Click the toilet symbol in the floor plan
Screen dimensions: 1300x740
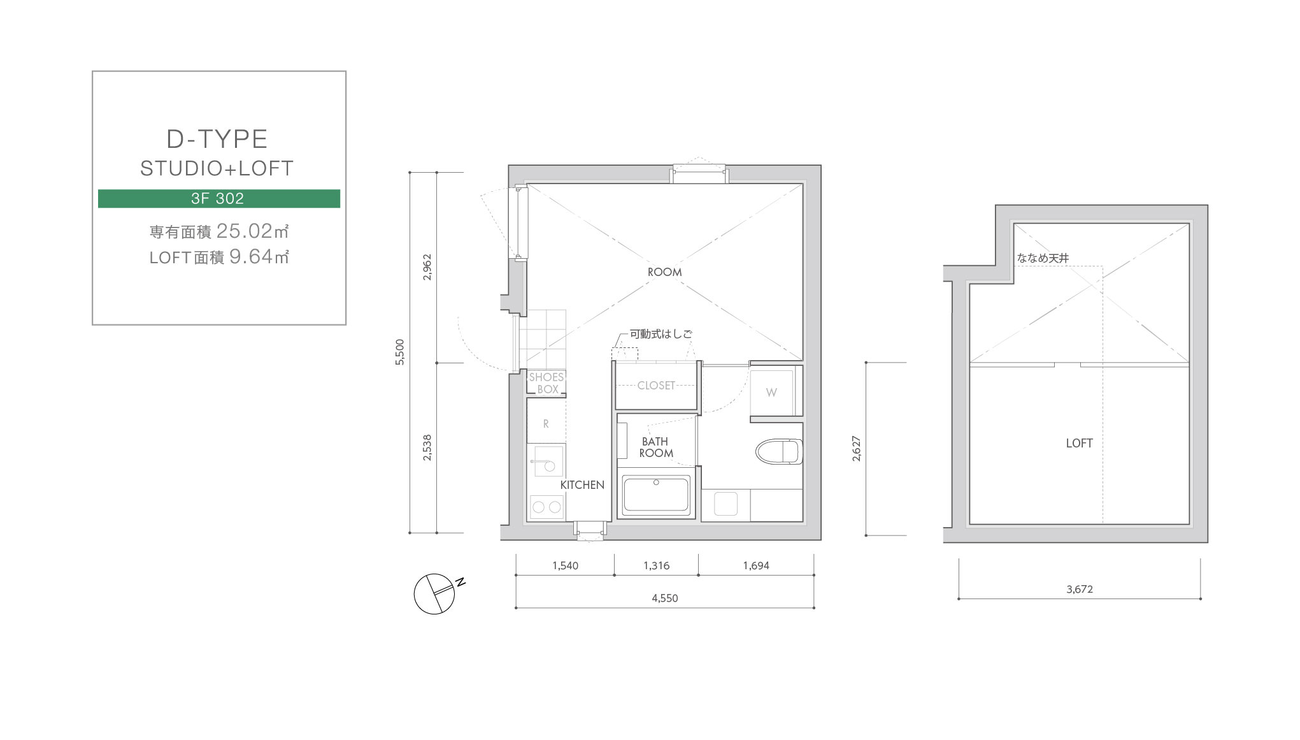(x=778, y=451)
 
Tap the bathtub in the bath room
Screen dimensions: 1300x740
(x=656, y=495)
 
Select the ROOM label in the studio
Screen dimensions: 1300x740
(x=664, y=272)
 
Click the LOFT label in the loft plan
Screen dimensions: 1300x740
(x=1079, y=443)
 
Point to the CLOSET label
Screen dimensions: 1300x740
(x=656, y=386)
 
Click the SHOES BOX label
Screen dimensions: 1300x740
(x=546, y=383)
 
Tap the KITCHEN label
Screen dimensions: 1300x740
(x=582, y=485)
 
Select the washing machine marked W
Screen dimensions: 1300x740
(x=771, y=392)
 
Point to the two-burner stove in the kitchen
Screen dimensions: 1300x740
(x=546, y=507)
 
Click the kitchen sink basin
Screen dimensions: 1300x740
(x=548, y=461)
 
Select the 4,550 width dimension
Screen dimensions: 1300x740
(x=664, y=598)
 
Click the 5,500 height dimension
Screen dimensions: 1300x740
(x=399, y=352)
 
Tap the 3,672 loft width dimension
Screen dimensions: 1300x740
(x=1080, y=589)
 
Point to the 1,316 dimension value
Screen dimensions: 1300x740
(x=656, y=565)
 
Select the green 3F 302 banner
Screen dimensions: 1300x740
(x=218, y=198)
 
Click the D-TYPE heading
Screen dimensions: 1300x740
(x=217, y=139)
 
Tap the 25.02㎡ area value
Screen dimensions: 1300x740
(x=253, y=231)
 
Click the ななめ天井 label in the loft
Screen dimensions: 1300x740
(x=1043, y=258)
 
